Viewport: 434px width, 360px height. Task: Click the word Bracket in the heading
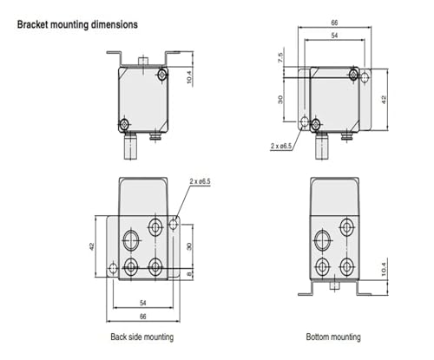click(x=33, y=24)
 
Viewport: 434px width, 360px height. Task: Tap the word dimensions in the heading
click(x=115, y=24)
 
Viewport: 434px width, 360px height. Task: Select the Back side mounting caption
click(x=142, y=337)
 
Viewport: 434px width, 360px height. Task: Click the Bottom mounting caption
click(x=333, y=337)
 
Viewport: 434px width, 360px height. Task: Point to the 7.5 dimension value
click(x=280, y=57)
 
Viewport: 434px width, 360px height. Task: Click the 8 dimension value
click(x=190, y=273)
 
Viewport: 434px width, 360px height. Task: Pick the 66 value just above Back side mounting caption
click(x=143, y=317)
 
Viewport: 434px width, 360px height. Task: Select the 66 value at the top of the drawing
click(x=334, y=23)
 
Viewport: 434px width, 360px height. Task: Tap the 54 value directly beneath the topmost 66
click(x=334, y=36)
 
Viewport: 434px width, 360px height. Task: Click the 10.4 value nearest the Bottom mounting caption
click(x=384, y=269)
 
